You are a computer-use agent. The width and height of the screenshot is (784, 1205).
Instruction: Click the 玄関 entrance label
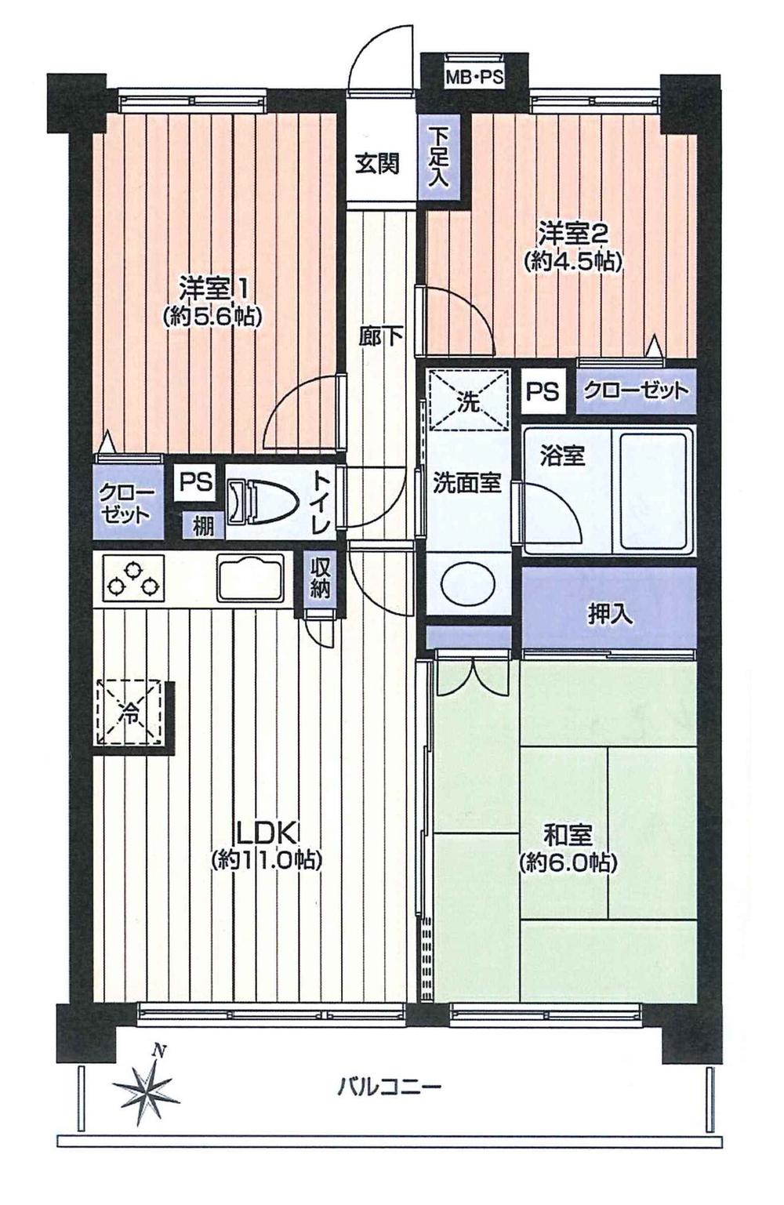click(x=377, y=164)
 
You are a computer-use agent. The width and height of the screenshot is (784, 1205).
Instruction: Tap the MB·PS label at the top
click(x=474, y=78)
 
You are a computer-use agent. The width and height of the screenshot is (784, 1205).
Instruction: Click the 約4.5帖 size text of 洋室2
click(x=572, y=262)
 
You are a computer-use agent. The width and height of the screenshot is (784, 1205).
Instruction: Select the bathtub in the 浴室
click(x=655, y=492)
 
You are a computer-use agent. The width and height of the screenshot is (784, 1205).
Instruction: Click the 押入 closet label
click(x=610, y=614)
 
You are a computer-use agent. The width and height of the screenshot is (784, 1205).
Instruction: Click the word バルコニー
click(x=390, y=1087)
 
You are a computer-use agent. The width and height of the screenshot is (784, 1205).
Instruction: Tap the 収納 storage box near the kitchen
click(x=319, y=579)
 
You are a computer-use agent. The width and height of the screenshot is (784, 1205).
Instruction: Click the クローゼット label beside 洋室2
click(x=636, y=390)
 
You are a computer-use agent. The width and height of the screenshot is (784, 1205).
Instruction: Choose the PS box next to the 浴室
click(x=542, y=390)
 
